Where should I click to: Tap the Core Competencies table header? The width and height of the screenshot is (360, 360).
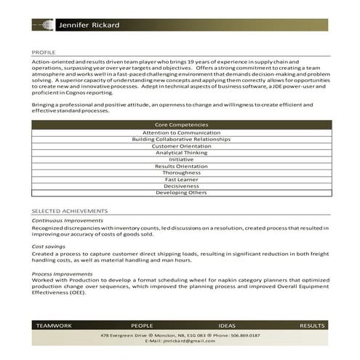(x=181, y=125)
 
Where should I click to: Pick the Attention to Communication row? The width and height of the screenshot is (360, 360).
(x=181, y=133)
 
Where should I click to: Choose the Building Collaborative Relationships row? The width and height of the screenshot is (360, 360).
(x=181, y=140)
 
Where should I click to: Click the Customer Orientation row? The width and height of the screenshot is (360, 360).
(x=181, y=146)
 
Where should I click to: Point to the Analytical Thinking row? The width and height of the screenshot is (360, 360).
(x=181, y=153)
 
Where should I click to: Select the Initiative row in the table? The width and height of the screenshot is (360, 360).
(x=181, y=159)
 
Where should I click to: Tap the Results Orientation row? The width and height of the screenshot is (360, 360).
(x=181, y=166)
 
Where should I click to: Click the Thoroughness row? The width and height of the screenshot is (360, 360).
(x=181, y=172)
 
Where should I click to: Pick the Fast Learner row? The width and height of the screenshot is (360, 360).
(x=181, y=179)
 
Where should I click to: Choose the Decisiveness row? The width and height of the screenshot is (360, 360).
(x=181, y=185)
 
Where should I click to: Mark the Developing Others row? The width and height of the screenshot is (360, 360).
(x=181, y=192)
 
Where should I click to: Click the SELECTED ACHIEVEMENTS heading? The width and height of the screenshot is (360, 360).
(x=69, y=210)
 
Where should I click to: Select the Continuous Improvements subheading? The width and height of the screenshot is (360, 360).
(x=68, y=220)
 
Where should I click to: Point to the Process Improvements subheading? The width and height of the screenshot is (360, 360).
(x=62, y=273)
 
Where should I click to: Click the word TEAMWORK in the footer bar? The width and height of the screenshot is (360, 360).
(x=54, y=326)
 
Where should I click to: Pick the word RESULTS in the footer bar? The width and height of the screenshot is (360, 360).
(x=312, y=326)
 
